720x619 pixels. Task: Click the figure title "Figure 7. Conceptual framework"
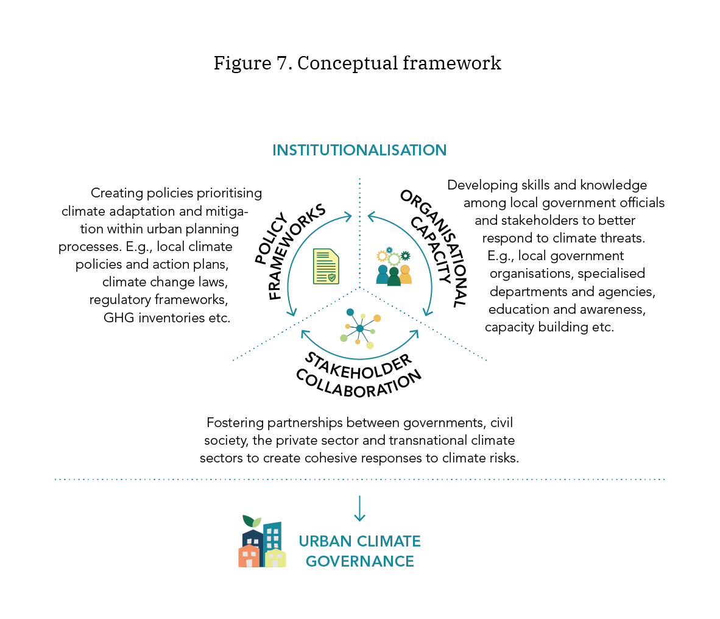coord(357,63)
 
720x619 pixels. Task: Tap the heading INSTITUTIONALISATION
coord(359,150)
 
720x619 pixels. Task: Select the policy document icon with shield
coord(326,266)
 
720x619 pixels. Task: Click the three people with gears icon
coord(394,267)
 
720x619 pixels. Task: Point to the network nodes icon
coord(360,328)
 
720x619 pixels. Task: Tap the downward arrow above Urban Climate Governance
coord(359,508)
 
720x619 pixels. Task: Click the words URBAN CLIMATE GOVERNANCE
coord(359,551)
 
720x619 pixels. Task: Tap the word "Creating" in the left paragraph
coord(116,193)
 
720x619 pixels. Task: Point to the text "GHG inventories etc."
coord(167,317)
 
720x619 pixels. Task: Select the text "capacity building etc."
coord(549,327)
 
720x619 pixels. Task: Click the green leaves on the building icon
coord(252,521)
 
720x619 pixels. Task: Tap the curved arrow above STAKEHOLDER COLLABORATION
coord(359,354)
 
